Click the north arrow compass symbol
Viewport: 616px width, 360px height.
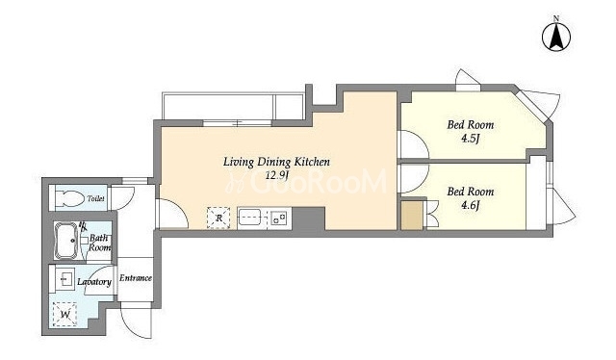pos(556,37)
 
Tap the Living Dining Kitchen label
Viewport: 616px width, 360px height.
pos(276,162)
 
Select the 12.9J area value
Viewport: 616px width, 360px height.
pos(276,175)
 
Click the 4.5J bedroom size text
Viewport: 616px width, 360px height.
pos(471,139)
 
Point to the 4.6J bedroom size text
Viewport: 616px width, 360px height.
pos(471,205)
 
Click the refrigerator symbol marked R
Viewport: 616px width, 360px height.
pos(218,218)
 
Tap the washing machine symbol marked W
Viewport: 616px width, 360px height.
pos(64,314)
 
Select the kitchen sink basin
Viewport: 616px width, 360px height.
pos(249,218)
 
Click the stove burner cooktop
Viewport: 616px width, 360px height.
pos(279,218)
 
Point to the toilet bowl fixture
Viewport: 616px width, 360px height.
pos(69,197)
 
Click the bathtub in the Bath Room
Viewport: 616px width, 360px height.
pos(66,240)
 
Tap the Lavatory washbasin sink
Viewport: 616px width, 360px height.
pos(64,279)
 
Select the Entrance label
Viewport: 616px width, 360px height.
pos(136,278)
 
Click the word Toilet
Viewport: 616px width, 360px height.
pos(96,198)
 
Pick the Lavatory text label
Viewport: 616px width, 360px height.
pos(94,282)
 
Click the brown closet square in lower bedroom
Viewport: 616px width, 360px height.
pos(412,216)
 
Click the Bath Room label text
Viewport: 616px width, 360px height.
pos(98,243)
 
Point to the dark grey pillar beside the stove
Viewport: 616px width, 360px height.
pos(308,219)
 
